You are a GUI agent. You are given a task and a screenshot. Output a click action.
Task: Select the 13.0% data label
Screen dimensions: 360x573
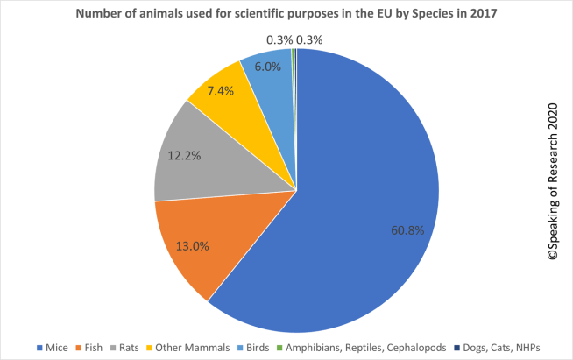click(x=193, y=246)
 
